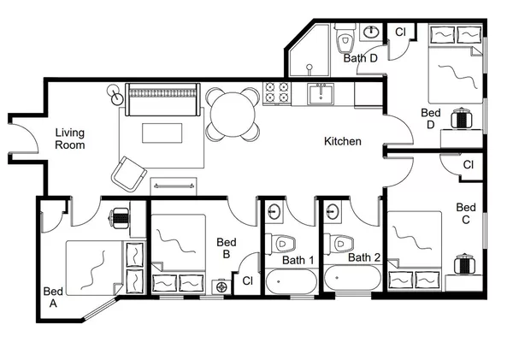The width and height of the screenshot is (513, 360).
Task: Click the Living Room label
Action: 71,139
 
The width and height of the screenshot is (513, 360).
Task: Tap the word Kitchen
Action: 342,141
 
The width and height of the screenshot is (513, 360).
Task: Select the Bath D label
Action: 361,59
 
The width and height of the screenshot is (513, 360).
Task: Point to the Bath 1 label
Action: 299,257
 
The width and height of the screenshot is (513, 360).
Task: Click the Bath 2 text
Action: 365,257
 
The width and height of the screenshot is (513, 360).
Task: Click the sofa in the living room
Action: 162,98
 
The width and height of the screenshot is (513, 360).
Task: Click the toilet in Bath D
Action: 345,38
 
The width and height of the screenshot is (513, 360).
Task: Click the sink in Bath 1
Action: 277,211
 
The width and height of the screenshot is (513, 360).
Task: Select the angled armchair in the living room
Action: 127,174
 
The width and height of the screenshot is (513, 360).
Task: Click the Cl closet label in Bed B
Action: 247,280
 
